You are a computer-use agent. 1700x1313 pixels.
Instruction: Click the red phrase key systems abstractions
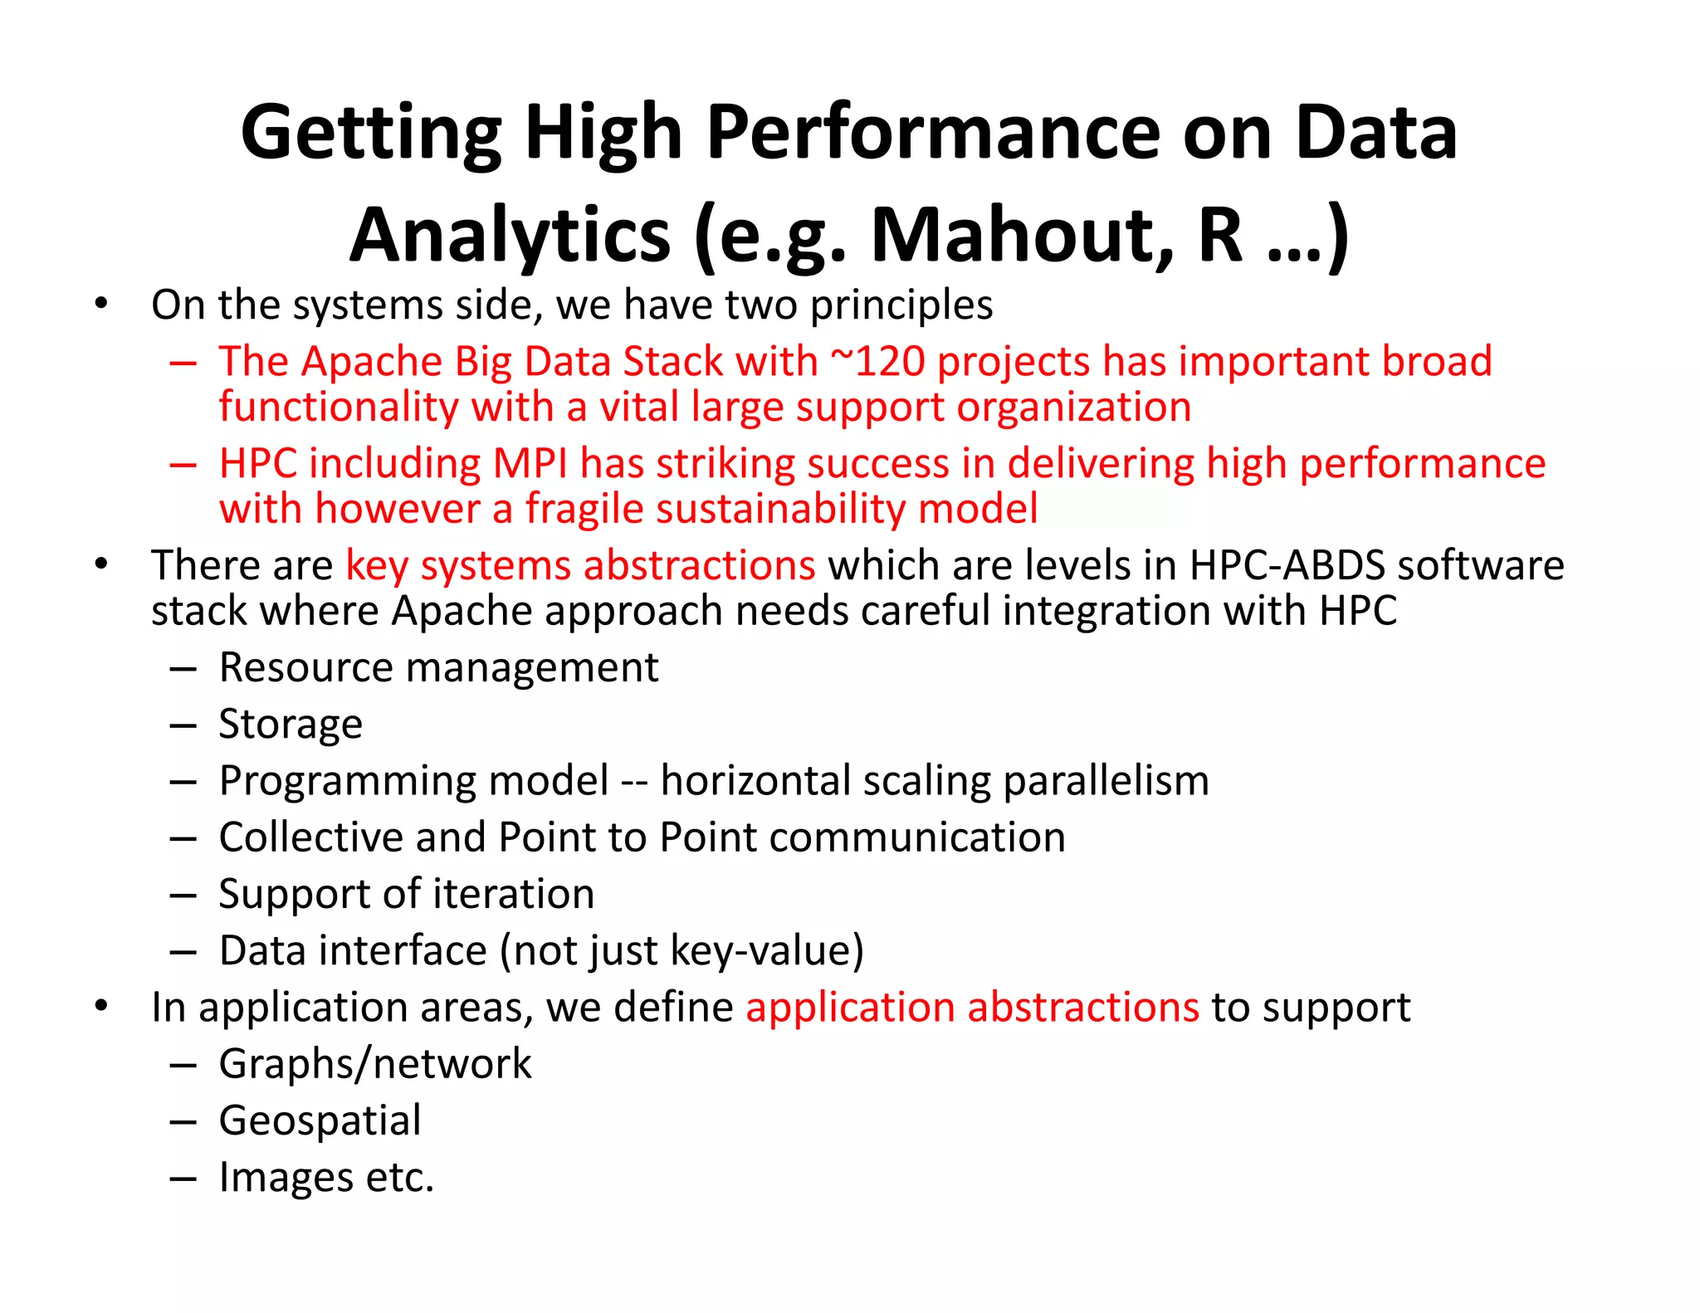pyautogui.click(x=580, y=565)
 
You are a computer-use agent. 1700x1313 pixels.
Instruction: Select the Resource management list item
pyautogui.click(x=438, y=667)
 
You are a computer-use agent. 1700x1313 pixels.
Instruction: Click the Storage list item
pyautogui.click(x=291, y=724)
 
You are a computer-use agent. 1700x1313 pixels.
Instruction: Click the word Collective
pyautogui.click(x=311, y=837)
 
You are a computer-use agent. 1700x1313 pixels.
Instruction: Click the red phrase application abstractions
pyautogui.click(x=972, y=1008)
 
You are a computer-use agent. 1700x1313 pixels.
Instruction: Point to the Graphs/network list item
pyautogui.click(x=375, y=1064)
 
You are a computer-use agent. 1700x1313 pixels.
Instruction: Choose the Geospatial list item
pyautogui.click(x=320, y=1120)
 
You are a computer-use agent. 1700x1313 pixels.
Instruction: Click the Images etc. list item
pyautogui.click(x=326, y=1177)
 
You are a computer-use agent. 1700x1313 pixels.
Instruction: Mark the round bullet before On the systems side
pyautogui.click(x=101, y=304)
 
